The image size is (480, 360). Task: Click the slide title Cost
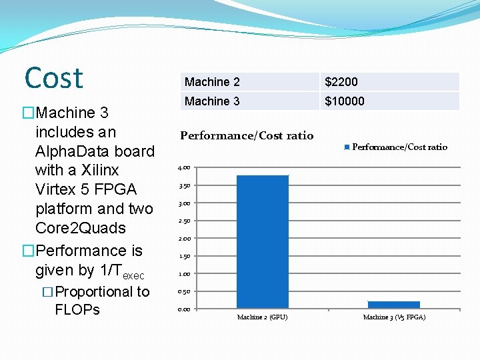54,78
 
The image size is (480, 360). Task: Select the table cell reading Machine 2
212,82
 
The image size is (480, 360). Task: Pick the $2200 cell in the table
341,82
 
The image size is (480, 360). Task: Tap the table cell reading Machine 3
212,101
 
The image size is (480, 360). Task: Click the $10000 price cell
345,101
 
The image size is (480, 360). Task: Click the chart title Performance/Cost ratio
247,136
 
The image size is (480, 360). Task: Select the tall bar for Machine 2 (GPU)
263,241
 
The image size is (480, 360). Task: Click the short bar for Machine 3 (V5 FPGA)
393,304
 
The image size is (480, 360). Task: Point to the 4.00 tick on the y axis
184,168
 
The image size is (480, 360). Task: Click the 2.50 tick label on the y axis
184,221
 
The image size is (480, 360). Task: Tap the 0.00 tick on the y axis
184,309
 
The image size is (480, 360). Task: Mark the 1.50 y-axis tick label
184,256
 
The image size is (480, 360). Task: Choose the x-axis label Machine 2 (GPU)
263,317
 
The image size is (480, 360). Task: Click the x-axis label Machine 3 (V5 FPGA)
394,317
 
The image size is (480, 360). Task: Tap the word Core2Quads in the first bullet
80,228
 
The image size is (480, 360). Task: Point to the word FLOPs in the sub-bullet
77,309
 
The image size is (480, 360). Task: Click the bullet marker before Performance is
28,251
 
